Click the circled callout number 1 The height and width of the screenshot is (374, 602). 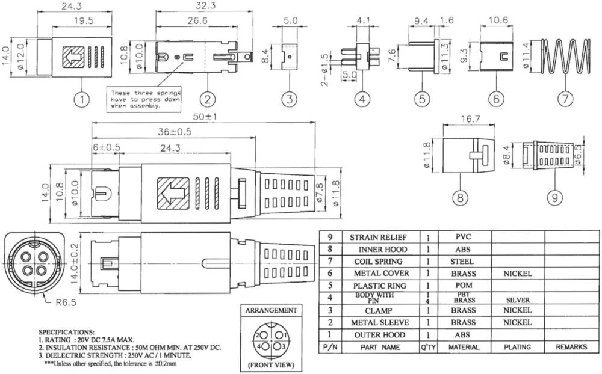tap(82, 99)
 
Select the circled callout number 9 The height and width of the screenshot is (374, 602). tap(555, 196)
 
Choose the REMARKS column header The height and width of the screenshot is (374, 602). tap(571, 347)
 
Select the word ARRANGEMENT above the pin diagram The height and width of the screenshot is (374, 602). tap(270, 310)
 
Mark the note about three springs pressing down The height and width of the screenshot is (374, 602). tap(144, 99)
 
